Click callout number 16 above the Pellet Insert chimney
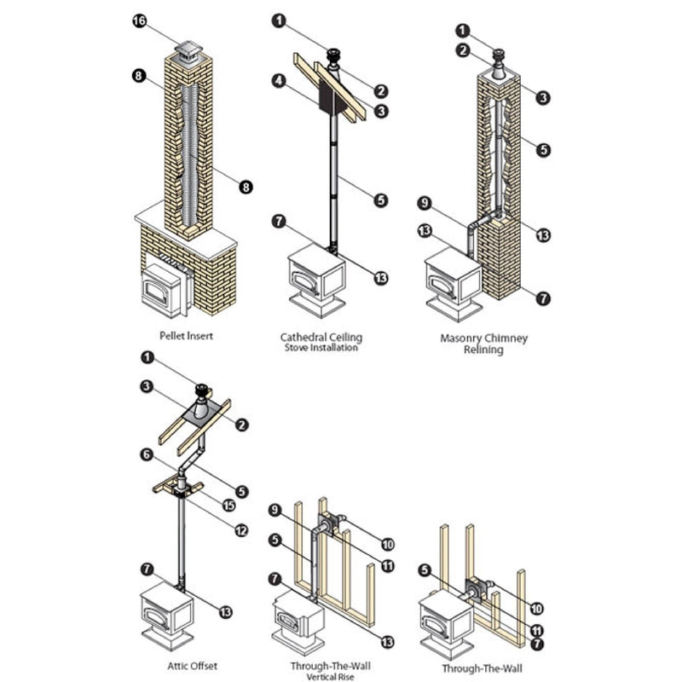pyautogui.click(x=140, y=20)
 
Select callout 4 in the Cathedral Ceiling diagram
pyautogui.click(x=279, y=82)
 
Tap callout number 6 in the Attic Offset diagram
pyautogui.click(x=147, y=456)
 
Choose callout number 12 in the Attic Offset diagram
pyautogui.click(x=240, y=530)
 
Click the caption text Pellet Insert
pyautogui.click(x=186, y=336)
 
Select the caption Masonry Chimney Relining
pyautogui.click(x=483, y=344)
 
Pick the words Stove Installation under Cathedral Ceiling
pyautogui.click(x=319, y=348)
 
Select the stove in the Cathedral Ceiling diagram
pyautogui.click(x=316, y=280)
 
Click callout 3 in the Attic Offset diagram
pyautogui.click(x=147, y=386)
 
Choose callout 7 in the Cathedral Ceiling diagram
pyautogui.click(x=279, y=222)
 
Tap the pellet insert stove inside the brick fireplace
pyautogui.click(x=162, y=287)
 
